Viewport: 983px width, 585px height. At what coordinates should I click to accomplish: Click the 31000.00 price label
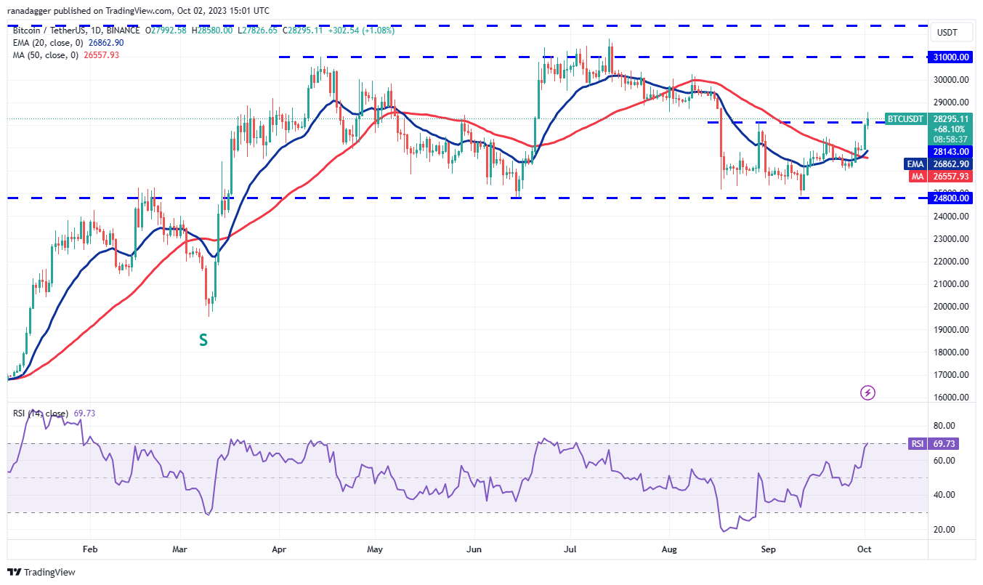click(x=952, y=57)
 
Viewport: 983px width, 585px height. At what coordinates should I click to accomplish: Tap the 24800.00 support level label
click(x=952, y=198)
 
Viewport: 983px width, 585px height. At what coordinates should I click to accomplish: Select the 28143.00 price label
click(x=952, y=151)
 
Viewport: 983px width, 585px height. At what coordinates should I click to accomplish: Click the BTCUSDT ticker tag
click(x=906, y=119)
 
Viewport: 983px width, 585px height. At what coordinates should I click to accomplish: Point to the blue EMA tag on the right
click(x=914, y=164)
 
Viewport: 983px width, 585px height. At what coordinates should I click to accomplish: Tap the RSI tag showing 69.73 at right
click(x=916, y=443)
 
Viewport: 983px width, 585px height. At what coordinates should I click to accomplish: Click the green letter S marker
click(x=203, y=339)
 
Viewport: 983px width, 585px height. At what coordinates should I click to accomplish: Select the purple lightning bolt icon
click(x=867, y=393)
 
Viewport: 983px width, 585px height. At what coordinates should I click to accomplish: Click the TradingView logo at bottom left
click(x=41, y=572)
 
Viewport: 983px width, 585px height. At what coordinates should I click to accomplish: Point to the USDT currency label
click(x=947, y=33)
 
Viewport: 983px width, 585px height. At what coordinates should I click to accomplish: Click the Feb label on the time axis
click(x=89, y=550)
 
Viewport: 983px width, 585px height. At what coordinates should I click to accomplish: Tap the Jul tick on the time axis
click(x=570, y=550)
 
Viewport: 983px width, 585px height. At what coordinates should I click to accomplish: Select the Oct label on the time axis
click(x=865, y=550)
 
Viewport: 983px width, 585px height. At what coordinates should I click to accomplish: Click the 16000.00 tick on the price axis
click(x=951, y=398)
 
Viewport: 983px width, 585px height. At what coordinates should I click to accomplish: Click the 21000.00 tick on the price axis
click(x=951, y=284)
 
